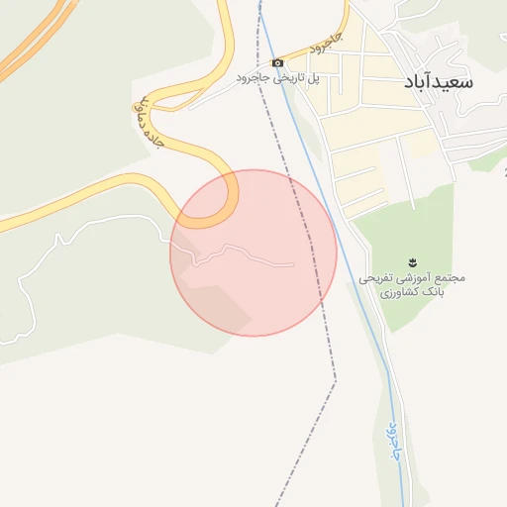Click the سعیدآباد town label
pyautogui.click(x=439, y=83)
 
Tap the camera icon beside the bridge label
pyautogui.click(x=277, y=62)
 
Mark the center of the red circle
pyautogui.click(x=253, y=253)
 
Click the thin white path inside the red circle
pyautogui.click(x=248, y=253)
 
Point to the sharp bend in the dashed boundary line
pyautogui.click(x=335, y=379)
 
